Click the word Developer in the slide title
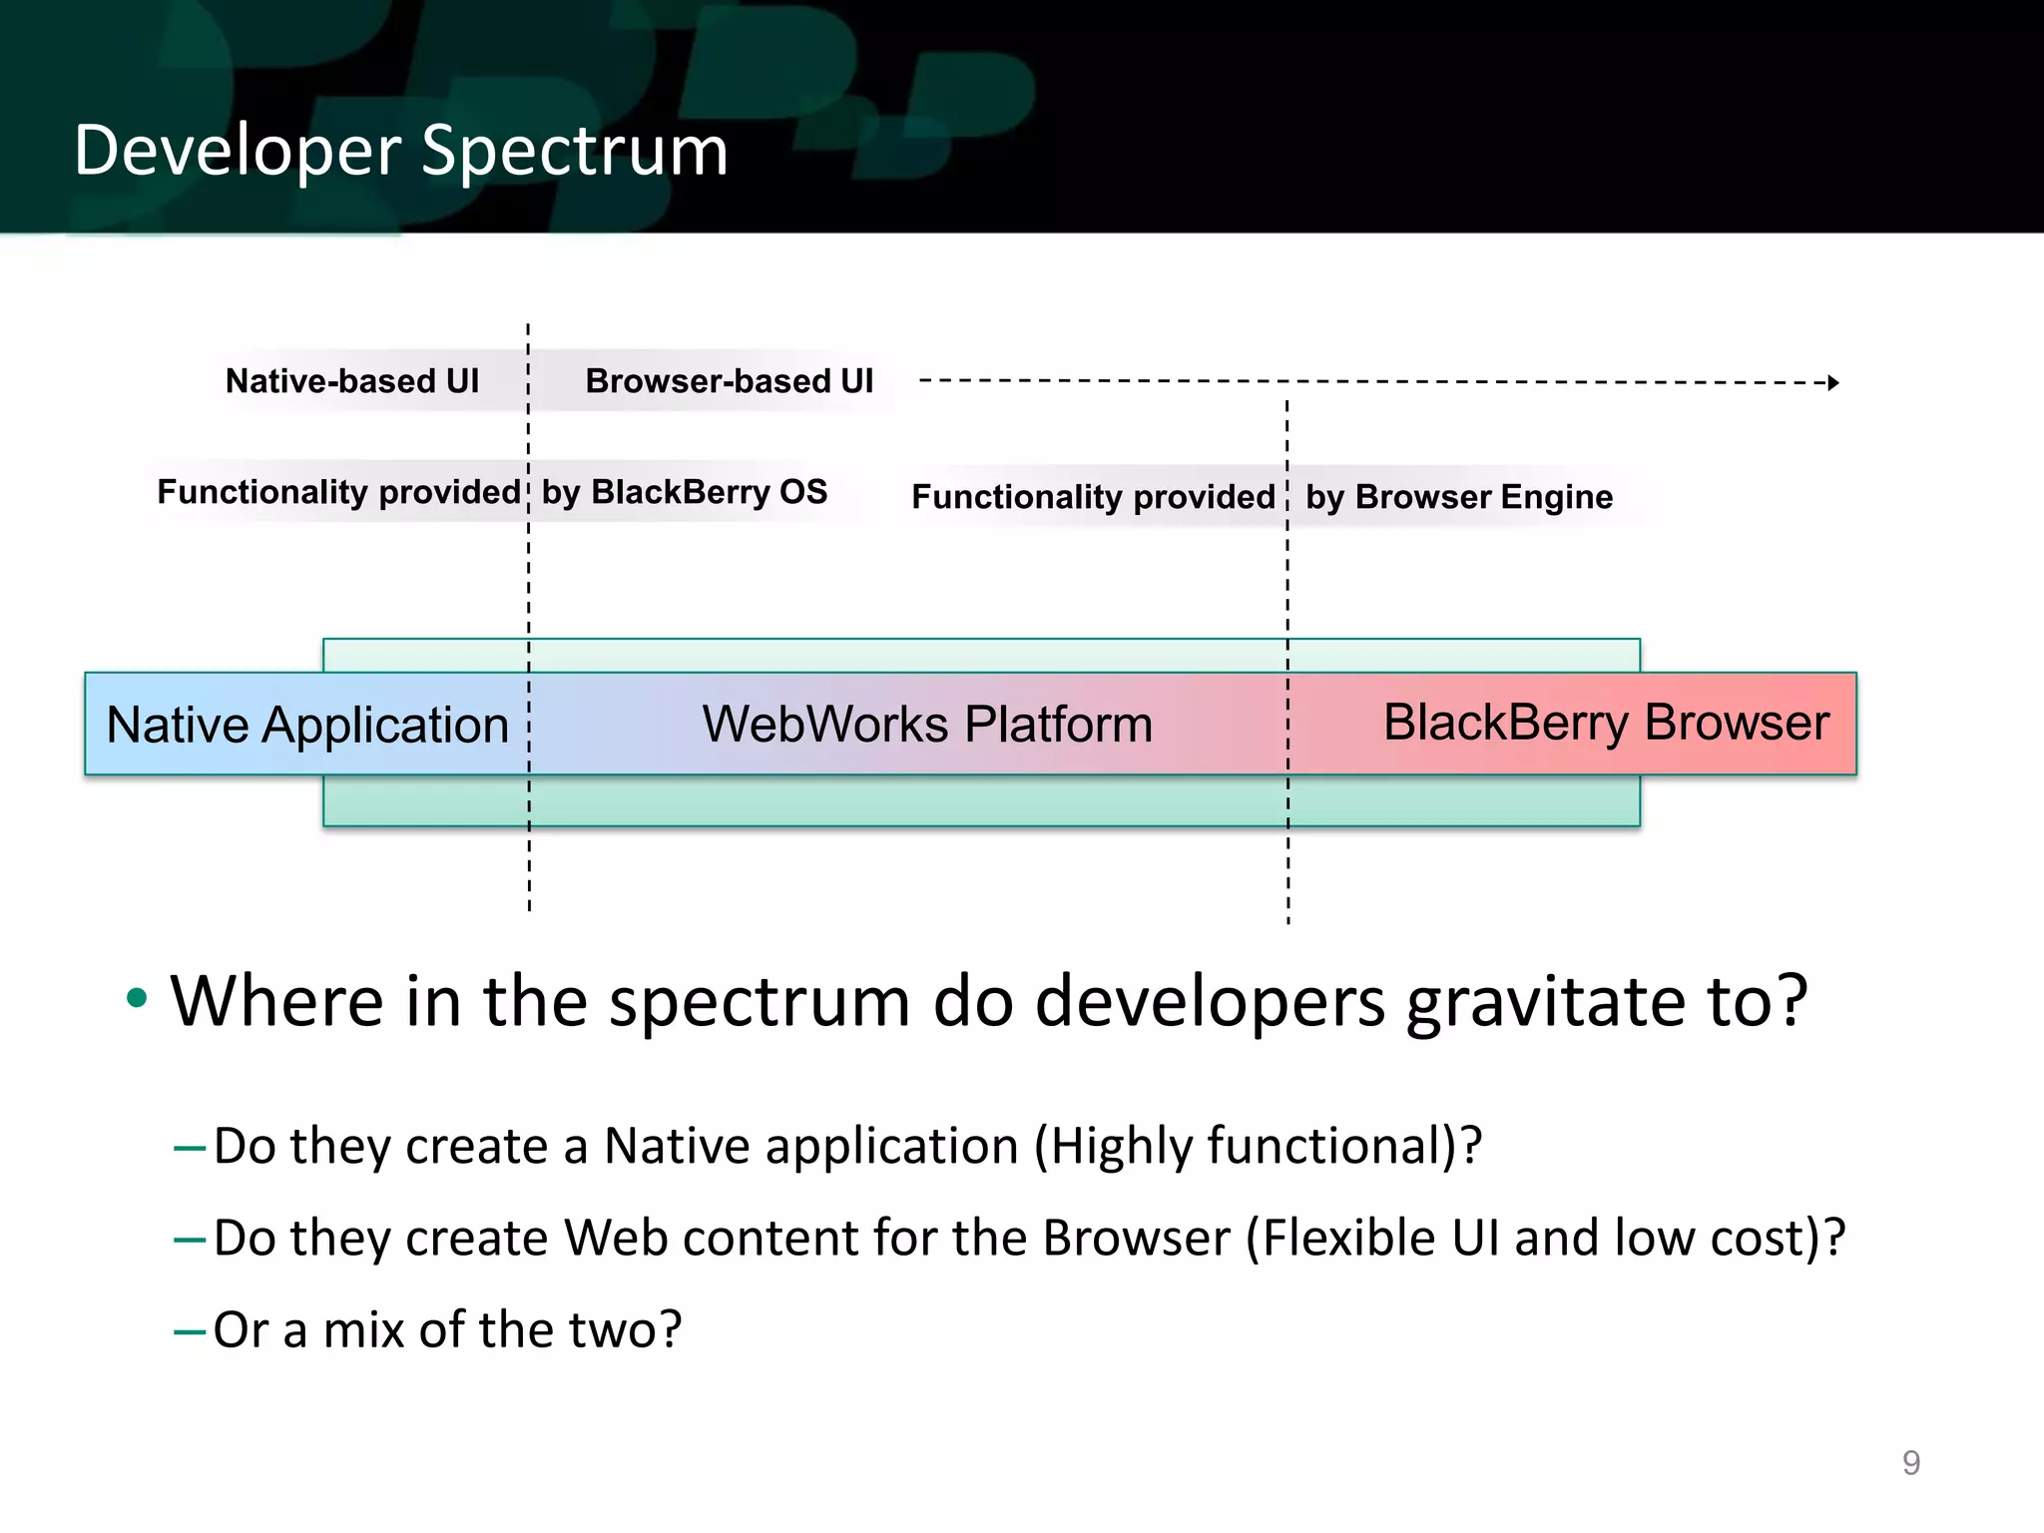(237, 152)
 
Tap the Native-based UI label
(351, 381)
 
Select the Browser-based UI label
(729, 381)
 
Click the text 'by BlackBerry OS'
(684, 492)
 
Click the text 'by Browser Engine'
(1458, 497)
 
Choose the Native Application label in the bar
(307, 725)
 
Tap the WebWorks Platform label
(926, 725)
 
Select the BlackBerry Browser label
(1605, 723)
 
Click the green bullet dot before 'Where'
(137, 997)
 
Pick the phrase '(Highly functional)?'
(1258, 1146)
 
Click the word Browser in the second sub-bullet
(1136, 1238)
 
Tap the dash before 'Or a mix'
(189, 1331)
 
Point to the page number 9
(1910, 1463)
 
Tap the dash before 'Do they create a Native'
(189, 1149)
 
